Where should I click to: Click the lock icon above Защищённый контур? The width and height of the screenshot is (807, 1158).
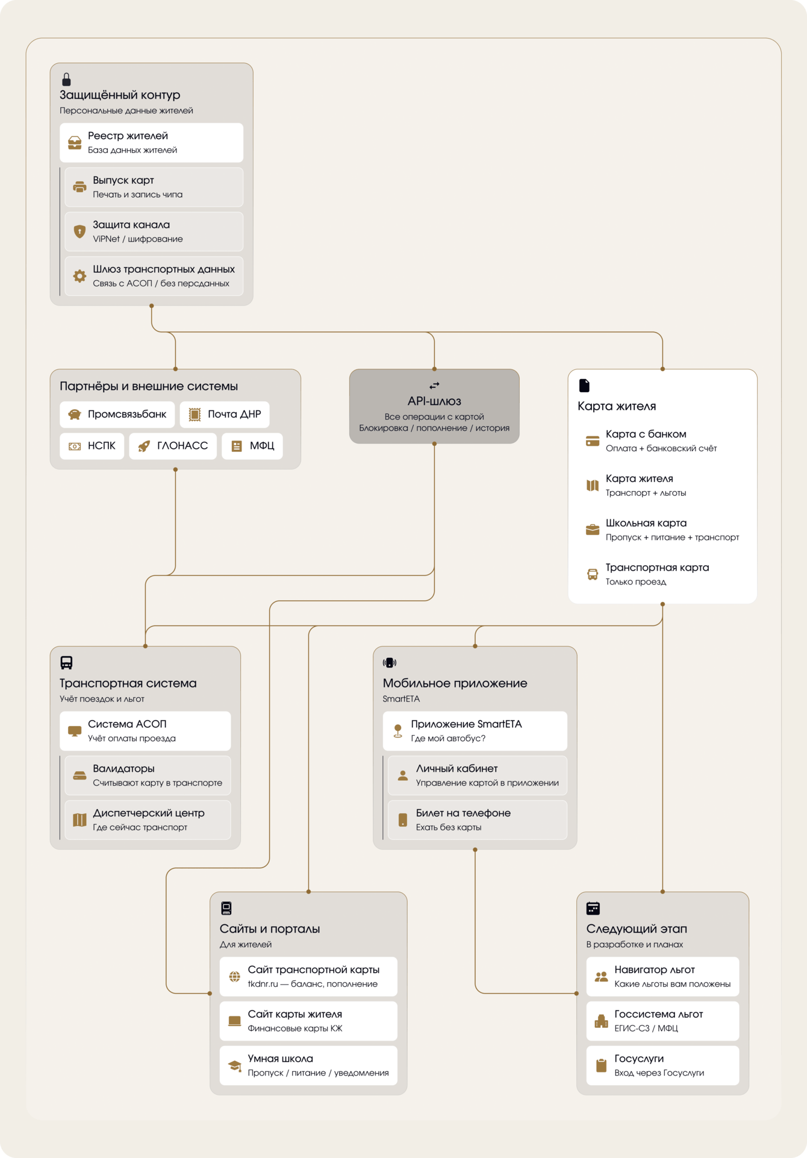[x=66, y=80]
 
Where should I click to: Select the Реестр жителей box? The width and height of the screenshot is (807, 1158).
[x=151, y=143]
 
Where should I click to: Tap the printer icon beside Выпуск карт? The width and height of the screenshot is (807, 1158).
[x=79, y=187]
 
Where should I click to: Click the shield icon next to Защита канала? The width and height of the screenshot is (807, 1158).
[x=79, y=231]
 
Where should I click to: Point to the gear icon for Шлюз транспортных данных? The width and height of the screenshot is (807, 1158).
[x=79, y=276]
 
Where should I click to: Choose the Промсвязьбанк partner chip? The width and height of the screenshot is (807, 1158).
[x=117, y=415]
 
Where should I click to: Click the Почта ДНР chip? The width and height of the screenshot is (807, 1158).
[x=225, y=415]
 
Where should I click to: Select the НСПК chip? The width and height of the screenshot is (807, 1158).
[x=92, y=446]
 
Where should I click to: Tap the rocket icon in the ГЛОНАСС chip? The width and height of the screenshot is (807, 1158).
[x=144, y=446]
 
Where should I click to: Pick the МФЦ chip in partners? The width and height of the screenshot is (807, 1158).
[x=252, y=446]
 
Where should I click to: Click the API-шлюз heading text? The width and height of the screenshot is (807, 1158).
[x=434, y=401]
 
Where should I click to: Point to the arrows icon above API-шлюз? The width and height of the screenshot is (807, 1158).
[x=434, y=386]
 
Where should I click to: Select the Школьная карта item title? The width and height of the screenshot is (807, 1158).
[x=646, y=523]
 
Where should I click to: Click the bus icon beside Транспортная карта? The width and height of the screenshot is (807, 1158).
[x=593, y=574]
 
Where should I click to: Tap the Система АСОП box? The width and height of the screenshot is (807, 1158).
[x=145, y=731]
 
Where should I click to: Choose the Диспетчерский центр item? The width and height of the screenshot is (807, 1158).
[x=148, y=819]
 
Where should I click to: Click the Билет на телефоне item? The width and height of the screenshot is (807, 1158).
[x=477, y=819]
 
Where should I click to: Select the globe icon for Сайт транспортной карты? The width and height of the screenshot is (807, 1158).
[x=235, y=977]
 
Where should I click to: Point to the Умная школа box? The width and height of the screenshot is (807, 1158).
[x=308, y=1065]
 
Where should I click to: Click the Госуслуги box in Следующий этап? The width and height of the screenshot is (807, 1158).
[x=662, y=1065]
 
